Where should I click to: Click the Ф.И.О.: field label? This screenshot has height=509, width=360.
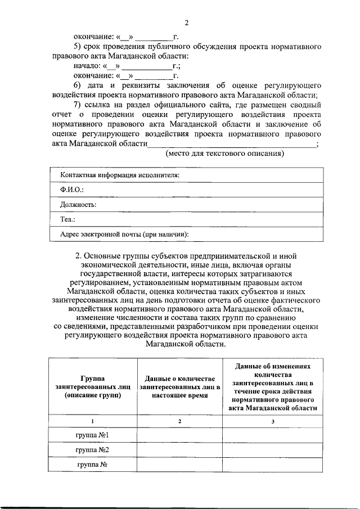point(72,191)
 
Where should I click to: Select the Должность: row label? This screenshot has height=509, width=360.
point(78,205)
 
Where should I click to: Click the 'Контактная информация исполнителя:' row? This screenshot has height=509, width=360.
point(120,175)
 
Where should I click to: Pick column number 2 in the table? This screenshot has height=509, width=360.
point(179,421)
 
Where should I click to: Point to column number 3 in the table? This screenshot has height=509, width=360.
point(273,421)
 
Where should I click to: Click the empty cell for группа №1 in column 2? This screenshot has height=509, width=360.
point(179,435)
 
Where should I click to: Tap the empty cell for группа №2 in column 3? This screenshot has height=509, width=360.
point(273,450)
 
